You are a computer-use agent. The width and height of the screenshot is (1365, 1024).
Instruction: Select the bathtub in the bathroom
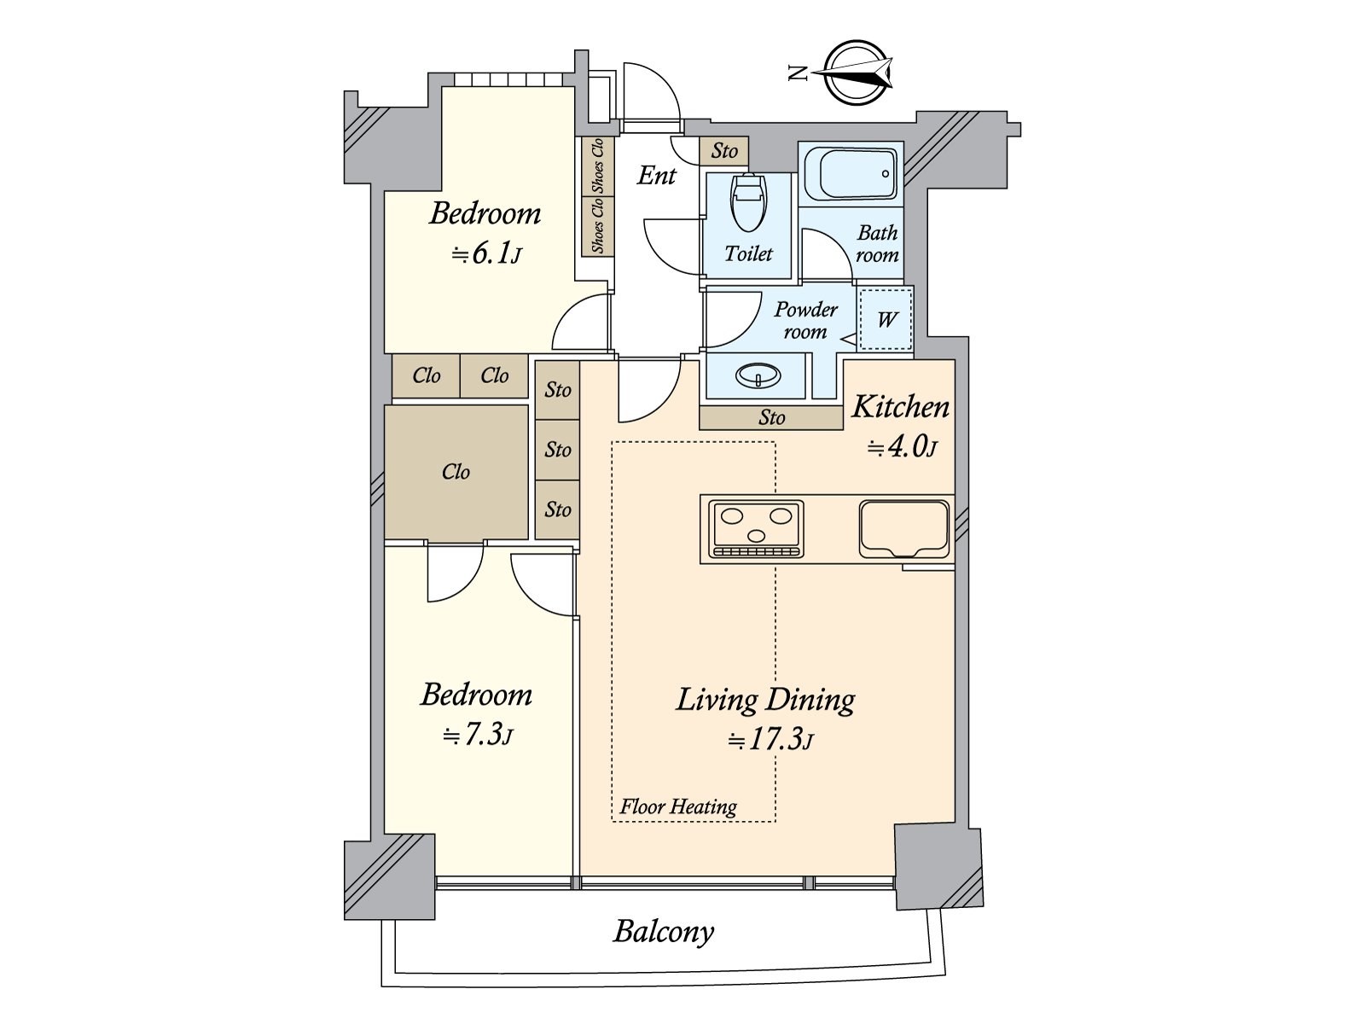(851, 174)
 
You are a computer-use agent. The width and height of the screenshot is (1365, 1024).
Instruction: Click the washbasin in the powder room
(758, 375)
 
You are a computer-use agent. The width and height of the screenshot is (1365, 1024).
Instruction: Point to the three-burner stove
(756, 529)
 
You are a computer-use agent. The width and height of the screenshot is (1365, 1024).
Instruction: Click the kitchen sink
(905, 529)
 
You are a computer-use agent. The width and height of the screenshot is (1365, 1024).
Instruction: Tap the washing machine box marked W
(886, 319)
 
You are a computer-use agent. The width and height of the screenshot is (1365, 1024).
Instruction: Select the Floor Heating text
(678, 807)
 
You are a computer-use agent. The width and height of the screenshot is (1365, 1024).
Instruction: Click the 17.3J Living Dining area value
(770, 740)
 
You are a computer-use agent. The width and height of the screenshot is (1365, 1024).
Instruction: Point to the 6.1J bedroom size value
(486, 253)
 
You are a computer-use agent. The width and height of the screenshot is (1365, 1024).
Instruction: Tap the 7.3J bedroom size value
(478, 735)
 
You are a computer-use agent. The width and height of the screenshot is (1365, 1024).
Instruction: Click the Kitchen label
(900, 407)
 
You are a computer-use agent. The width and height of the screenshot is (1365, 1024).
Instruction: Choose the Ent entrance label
(656, 175)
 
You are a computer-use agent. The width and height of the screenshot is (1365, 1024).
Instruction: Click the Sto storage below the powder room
(771, 418)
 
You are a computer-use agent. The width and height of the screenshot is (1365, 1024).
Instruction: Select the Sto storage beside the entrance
(723, 151)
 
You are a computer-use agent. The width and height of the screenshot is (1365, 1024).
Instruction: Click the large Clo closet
(456, 473)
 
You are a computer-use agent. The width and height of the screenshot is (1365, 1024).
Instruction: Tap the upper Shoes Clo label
(598, 166)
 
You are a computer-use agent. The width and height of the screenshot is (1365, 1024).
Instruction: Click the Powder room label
(805, 320)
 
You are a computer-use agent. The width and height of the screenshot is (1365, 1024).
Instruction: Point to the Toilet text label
(748, 253)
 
